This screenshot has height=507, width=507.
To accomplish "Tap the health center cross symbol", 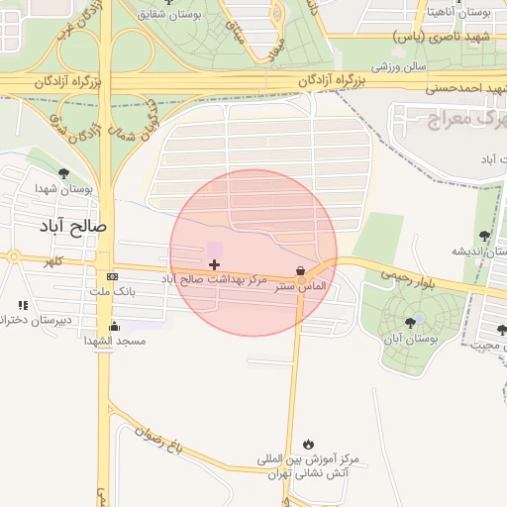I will (x=215, y=264).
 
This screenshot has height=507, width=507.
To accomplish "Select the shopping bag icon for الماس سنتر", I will (x=300, y=270).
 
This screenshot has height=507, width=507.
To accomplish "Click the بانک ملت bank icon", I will (x=112, y=276).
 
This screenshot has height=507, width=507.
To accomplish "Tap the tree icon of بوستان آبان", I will (x=410, y=323).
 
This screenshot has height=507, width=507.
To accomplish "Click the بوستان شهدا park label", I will (x=63, y=188).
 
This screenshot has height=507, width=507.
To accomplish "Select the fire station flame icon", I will (x=309, y=443).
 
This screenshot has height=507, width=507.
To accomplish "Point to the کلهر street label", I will (x=50, y=261).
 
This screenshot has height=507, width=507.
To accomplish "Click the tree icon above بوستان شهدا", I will (x=63, y=173).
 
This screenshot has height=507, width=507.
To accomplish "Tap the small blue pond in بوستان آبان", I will (x=420, y=318).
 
